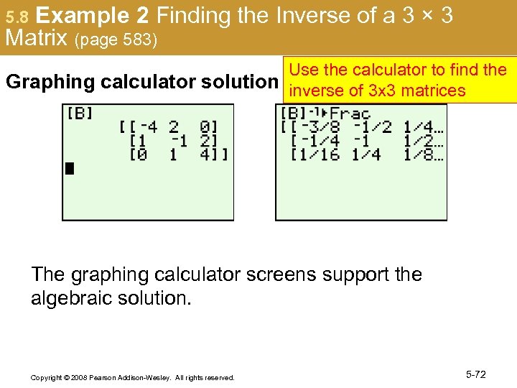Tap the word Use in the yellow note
(302, 70)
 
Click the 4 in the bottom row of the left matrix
(205, 154)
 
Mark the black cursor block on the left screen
(70, 169)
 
